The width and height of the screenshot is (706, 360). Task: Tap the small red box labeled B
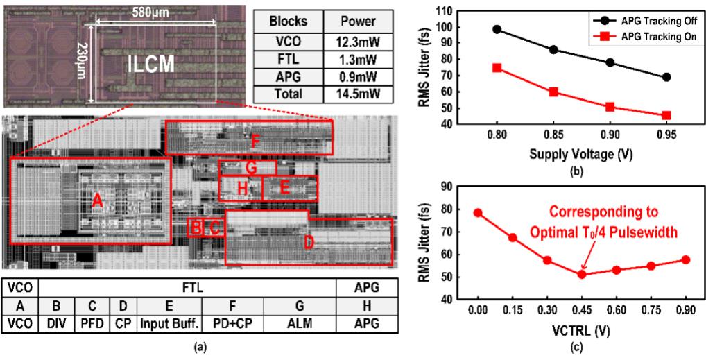pos(196,227)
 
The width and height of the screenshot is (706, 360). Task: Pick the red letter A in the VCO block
pos(98,200)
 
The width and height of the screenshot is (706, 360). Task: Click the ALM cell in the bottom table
pos(302,323)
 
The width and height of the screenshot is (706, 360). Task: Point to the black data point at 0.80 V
pos(497,30)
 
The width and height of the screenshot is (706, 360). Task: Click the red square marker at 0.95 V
pos(666,115)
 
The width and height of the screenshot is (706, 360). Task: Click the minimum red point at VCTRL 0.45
pos(582,274)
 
